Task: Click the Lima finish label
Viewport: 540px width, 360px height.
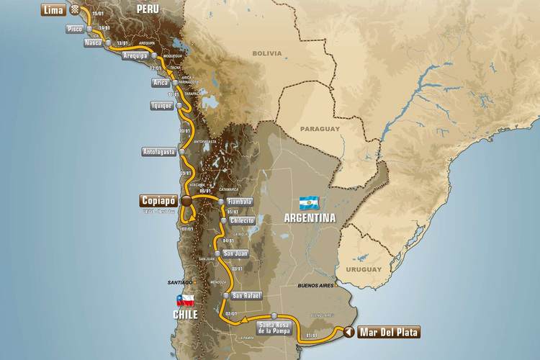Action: pos(53,10)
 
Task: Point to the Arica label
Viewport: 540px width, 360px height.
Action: pos(160,83)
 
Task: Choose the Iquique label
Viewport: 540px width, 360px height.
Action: pos(161,105)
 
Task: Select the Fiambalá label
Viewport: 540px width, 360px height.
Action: pos(238,202)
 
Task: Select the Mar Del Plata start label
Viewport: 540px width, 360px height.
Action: pos(388,332)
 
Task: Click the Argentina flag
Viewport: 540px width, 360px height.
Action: pos(308,202)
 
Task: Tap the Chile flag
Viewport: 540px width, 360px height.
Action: pos(185,300)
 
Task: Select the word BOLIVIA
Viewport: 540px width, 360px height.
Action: pos(266,53)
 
